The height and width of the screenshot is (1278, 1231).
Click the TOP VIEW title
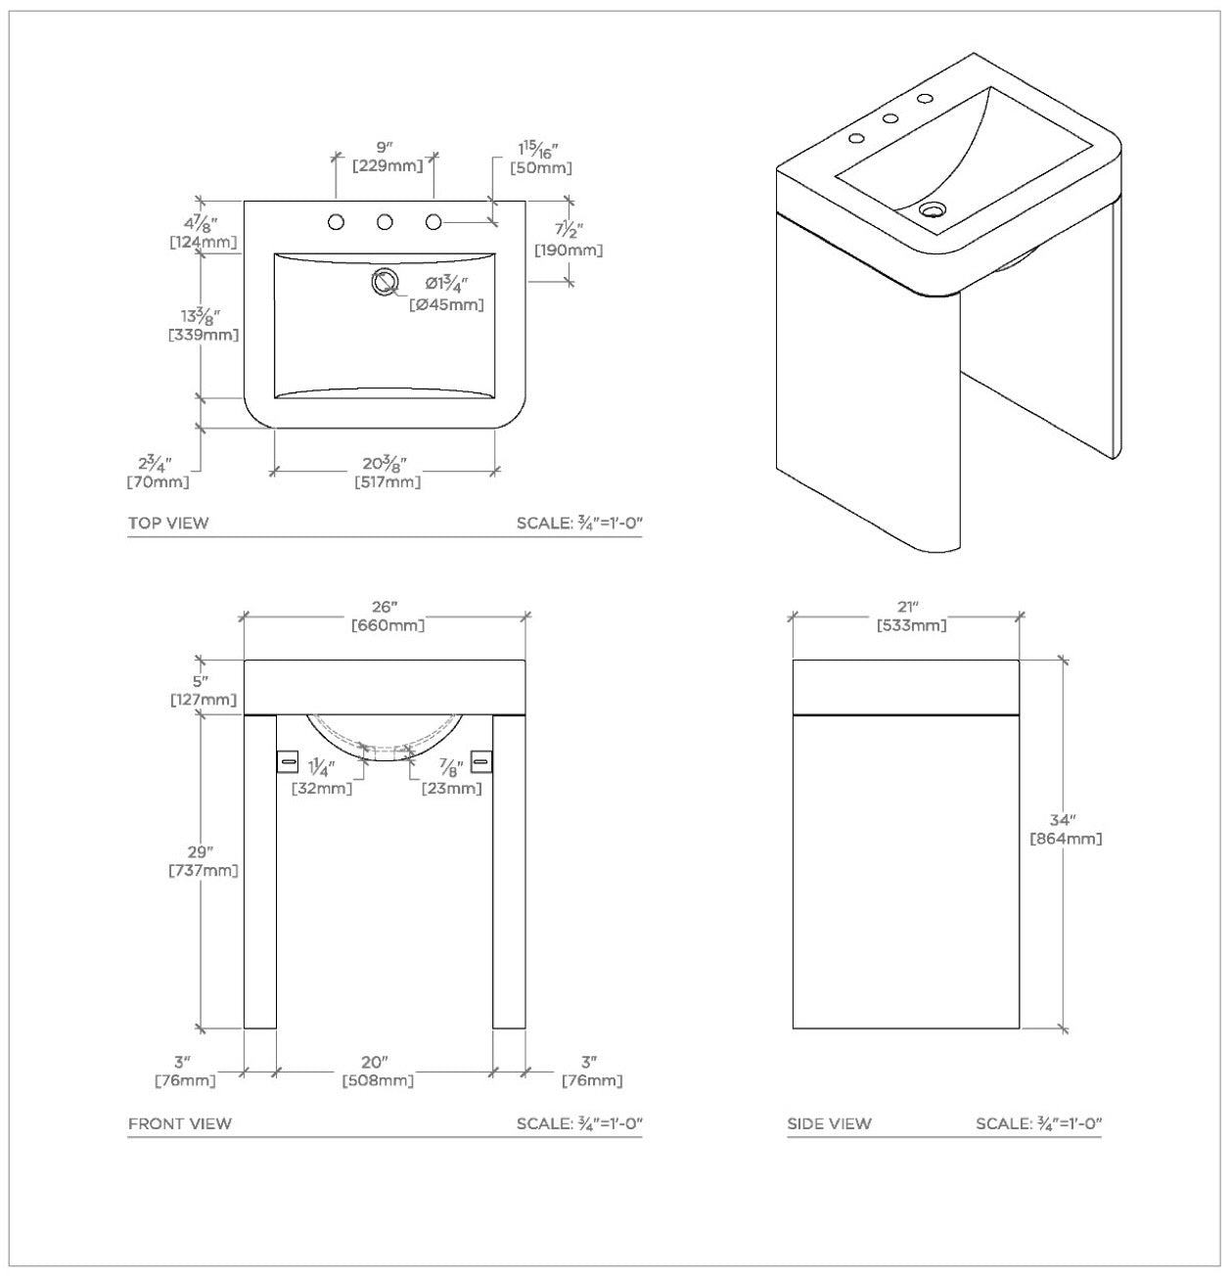(x=168, y=523)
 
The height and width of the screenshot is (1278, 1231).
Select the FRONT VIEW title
(x=180, y=1123)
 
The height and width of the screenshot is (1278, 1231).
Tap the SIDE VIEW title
(x=829, y=1123)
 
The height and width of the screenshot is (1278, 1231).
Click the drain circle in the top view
(x=385, y=281)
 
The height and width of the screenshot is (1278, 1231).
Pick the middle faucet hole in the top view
(x=385, y=222)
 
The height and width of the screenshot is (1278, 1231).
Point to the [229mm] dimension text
(x=388, y=166)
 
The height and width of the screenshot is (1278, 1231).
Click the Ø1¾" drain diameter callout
(x=445, y=285)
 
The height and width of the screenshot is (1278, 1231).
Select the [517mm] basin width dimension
(x=388, y=481)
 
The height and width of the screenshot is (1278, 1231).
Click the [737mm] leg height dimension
(x=204, y=870)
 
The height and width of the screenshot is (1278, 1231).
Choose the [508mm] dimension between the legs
(x=378, y=1080)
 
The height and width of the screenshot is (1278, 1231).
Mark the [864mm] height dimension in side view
(x=1066, y=839)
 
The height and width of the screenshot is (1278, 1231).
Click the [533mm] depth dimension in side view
(x=911, y=625)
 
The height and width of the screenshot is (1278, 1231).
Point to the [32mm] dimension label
(x=322, y=788)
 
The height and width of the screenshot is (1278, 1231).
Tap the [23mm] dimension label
(x=451, y=788)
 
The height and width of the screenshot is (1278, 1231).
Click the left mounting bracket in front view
(x=288, y=761)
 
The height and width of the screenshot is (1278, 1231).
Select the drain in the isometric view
(x=934, y=208)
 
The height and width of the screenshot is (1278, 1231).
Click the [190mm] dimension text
(x=569, y=251)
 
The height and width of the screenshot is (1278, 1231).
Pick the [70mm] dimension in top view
(x=158, y=481)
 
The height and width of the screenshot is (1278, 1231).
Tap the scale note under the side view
(x=1038, y=1123)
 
